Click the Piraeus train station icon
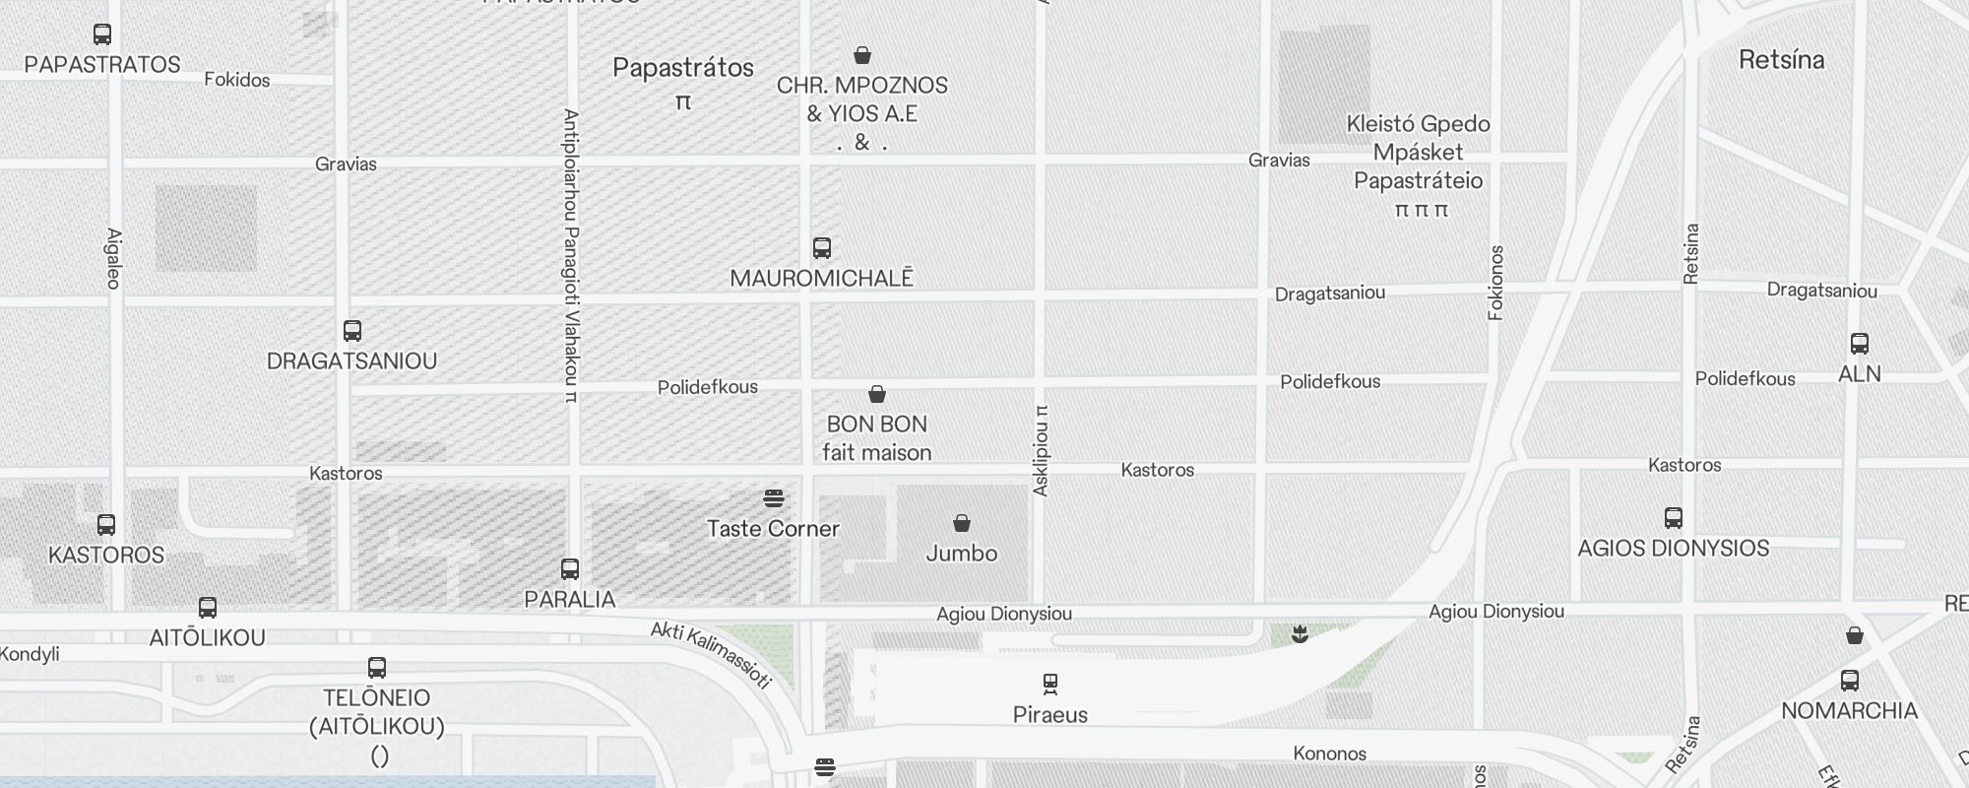(x=1050, y=683)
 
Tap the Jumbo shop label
(x=962, y=554)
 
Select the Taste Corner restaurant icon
(x=774, y=498)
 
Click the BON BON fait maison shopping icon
(x=877, y=395)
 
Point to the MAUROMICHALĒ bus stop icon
(x=822, y=247)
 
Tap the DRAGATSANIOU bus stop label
(x=351, y=361)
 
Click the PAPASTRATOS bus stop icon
(x=102, y=34)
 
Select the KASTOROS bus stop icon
(x=106, y=525)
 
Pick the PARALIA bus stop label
(x=570, y=599)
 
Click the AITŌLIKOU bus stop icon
(x=208, y=608)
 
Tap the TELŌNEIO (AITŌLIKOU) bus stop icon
(x=377, y=668)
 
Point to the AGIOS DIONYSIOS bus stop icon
(x=1674, y=518)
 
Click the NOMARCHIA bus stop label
(x=1849, y=710)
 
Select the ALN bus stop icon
(x=1860, y=344)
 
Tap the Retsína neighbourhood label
(x=1781, y=60)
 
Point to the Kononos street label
(x=1330, y=754)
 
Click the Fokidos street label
(x=237, y=80)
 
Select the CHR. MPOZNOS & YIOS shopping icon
(x=862, y=55)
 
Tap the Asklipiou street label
(x=1042, y=450)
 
